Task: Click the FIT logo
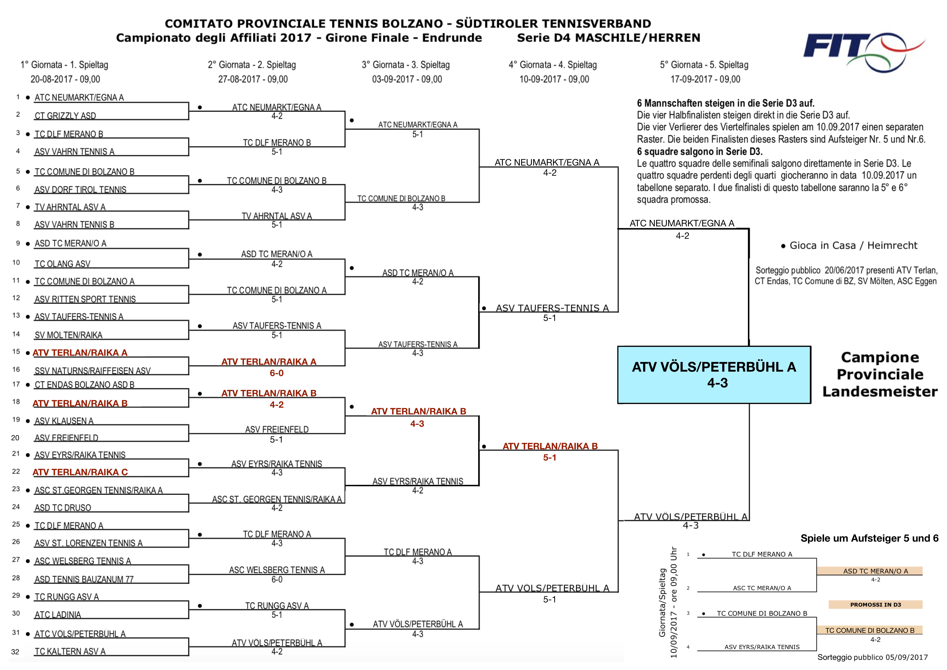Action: pyautogui.click(x=862, y=52)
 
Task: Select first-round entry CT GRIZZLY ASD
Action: pyautogui.click(x=65, y=116)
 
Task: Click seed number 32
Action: pyautogui.click(x=15, y=652)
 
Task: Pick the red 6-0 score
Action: pyautogui.click(x=276, y=373)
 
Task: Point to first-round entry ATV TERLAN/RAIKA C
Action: pyautogui.click(x=80, y=472)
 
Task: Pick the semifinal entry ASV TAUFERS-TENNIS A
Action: pyautogui.click(x=552, y=308)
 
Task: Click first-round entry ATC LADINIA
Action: pyautogui.click(x=58, y=614)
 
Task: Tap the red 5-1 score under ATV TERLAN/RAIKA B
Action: pyautogui.click(x=549, y=457)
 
